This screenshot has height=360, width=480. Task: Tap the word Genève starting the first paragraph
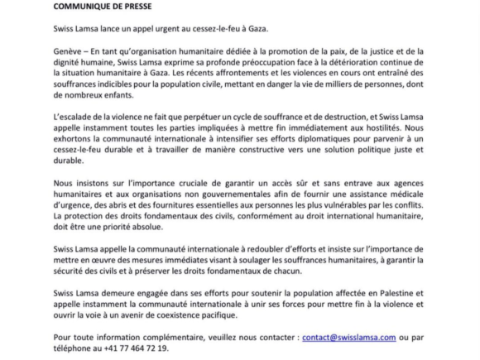tap(70, 50)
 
